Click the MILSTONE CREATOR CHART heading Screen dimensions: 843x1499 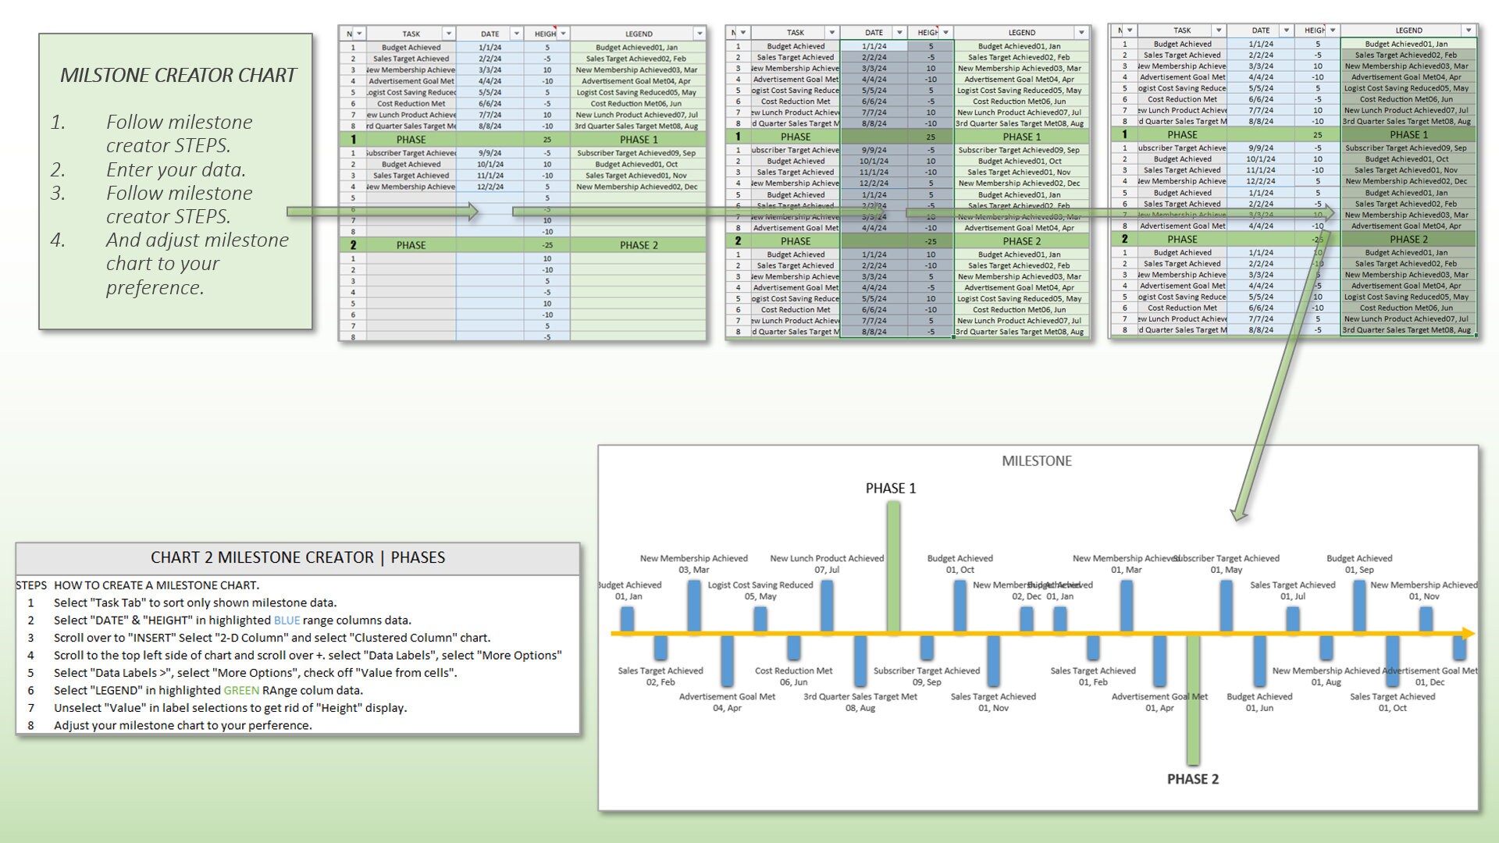[x=178, y=75]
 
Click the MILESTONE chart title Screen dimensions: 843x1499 [x=1036, y=461]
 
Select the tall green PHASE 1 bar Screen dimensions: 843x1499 [x=893, y=566]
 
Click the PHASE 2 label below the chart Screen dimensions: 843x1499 [x=1192, y=779]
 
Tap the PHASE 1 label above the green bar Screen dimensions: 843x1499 [x=890, y=489]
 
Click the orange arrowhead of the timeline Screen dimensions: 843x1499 [x=1468, y=634]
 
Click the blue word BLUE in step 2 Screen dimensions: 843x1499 [x=287, y=621]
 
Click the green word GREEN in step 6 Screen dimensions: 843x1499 [x=240, y=691]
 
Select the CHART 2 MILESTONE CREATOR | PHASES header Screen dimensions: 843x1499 [x=297, y=557]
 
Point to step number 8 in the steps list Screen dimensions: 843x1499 [x=31, y=726]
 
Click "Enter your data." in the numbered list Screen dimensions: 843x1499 [x=176, y=169]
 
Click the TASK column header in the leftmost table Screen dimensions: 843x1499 [x=411, y=34]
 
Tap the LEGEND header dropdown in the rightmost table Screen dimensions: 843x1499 [x=1468, y=30]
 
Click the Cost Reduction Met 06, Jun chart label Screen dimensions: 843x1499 [x=793, y=676]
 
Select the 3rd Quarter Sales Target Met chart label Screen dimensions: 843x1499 [x=860, y=702]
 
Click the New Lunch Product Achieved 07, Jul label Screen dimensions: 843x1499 [x=826, y=564]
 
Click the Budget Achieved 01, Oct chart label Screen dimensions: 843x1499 [x=960, y=564]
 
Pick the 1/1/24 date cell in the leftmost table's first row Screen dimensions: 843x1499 [x=490, y=48]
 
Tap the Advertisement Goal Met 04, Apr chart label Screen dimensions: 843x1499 [x=727, y=702]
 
